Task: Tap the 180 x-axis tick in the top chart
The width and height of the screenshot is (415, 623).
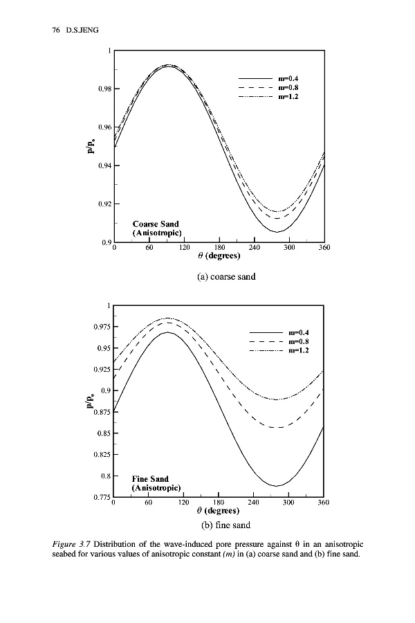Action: [x=219, y=248]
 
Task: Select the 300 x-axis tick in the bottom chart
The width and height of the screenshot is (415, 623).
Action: [x=288, y=503]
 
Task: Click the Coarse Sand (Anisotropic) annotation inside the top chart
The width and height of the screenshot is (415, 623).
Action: [x=156, y=228]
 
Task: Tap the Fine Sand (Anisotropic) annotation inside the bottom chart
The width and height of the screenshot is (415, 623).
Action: [x=156, y=483]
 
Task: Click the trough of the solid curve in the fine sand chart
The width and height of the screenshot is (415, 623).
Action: [x=276, y=486]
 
